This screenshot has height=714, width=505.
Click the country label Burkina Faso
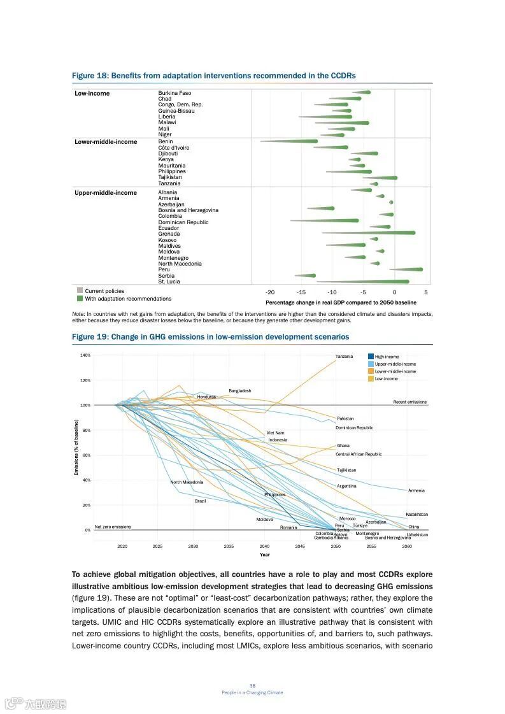coord(174,93)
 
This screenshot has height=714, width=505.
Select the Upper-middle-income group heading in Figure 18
coord(106,192)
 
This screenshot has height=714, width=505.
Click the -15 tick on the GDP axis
coord(301,292)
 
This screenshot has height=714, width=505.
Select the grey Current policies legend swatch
coord(80,290)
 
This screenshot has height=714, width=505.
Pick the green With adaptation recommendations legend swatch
coord(80,298)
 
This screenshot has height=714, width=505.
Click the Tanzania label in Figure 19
coord(344,356)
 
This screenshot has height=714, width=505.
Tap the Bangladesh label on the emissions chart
coord(240,390)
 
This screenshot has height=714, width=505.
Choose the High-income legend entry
coord(387,357)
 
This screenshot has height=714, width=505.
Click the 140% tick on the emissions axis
coord(85,355)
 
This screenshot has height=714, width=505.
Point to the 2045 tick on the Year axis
coord(300,546)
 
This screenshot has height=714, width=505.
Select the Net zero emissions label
coord(113,527)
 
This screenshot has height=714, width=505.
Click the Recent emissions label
coord(409,402)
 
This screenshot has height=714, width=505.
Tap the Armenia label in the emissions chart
coord(416,490)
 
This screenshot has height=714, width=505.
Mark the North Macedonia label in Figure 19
coord(187,482)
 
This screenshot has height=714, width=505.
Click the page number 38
coord(252,685)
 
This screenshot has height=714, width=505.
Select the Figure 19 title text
coord(210,336)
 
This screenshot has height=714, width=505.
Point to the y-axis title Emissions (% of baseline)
coord(76,447)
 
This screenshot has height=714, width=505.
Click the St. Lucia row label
coord(169,282)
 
